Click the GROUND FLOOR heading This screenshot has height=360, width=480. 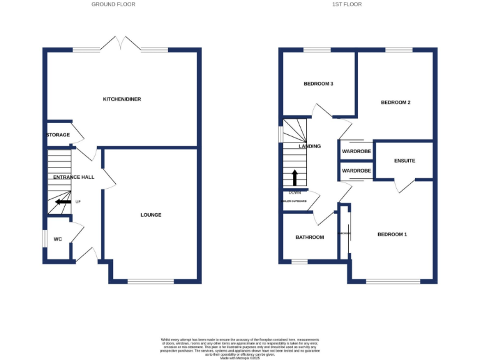[113, 4]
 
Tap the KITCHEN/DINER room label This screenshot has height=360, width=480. [122, 99]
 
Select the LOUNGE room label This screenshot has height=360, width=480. [151, 215]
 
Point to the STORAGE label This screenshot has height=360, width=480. [58, 135]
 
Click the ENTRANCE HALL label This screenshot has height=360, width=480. [73, 177]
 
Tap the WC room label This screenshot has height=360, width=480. [57, 239]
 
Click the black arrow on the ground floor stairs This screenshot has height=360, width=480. [62, 202]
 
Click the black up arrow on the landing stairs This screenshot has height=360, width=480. [295, 176]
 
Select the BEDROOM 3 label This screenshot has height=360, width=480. [317, 84]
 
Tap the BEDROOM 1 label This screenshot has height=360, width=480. [392, 234]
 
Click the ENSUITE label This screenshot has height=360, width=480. [404, 161]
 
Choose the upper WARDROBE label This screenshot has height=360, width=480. [356, 151]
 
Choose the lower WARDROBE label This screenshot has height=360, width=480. [356, 171]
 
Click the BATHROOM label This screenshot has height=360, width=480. [310, 237]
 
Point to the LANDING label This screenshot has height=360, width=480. [309, 146]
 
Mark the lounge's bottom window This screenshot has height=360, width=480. [151, 282]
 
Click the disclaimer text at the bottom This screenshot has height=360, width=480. [240, 346]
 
